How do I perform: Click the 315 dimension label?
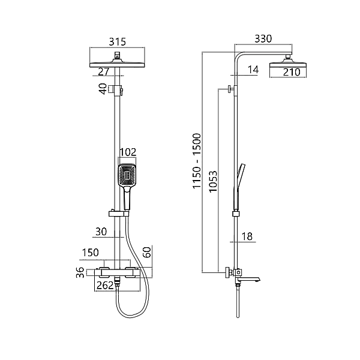coord(118,41)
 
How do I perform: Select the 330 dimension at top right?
coord(263,38)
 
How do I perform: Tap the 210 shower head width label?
coord(292,72)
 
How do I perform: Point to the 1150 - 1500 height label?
coord(197,161)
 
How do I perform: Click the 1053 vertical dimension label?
coord(213,181)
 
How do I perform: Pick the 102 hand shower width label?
coord(128,152)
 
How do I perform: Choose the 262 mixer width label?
coord(105,285)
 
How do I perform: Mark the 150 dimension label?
coord(91,253)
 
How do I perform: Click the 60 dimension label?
coord(146,252)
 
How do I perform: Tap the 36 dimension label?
coord(80,272)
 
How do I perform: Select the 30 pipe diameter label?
coord(101,232)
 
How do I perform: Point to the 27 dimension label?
coord(104,71)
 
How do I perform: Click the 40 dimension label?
coord(103,89)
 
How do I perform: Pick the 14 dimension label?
coord(253,70)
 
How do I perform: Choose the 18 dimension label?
coord(247,236)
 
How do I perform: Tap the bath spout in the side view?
coord(248,279)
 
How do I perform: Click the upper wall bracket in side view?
coord(232,89)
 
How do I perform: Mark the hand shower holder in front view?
coord(119,214)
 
